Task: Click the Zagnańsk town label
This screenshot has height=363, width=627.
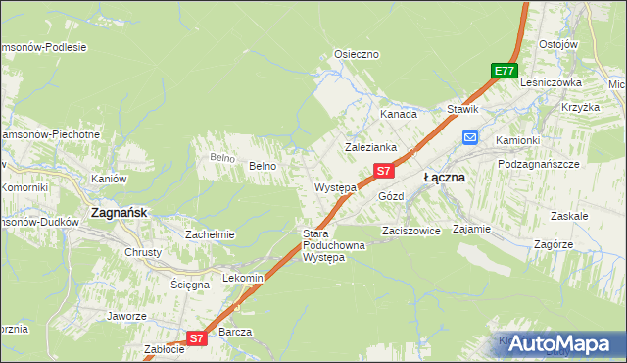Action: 119,211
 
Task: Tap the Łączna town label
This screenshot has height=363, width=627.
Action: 444,179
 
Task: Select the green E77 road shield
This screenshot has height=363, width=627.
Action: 504,71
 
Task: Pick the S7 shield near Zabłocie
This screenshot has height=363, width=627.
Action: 196,338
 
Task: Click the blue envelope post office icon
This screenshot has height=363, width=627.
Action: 470,138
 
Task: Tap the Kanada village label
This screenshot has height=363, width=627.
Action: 399,114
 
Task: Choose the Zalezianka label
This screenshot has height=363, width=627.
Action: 369,147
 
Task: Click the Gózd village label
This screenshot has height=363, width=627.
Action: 391,196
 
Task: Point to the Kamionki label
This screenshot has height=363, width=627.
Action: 517,140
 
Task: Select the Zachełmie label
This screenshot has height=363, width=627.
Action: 210,234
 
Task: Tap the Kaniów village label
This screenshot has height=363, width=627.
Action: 109,179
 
